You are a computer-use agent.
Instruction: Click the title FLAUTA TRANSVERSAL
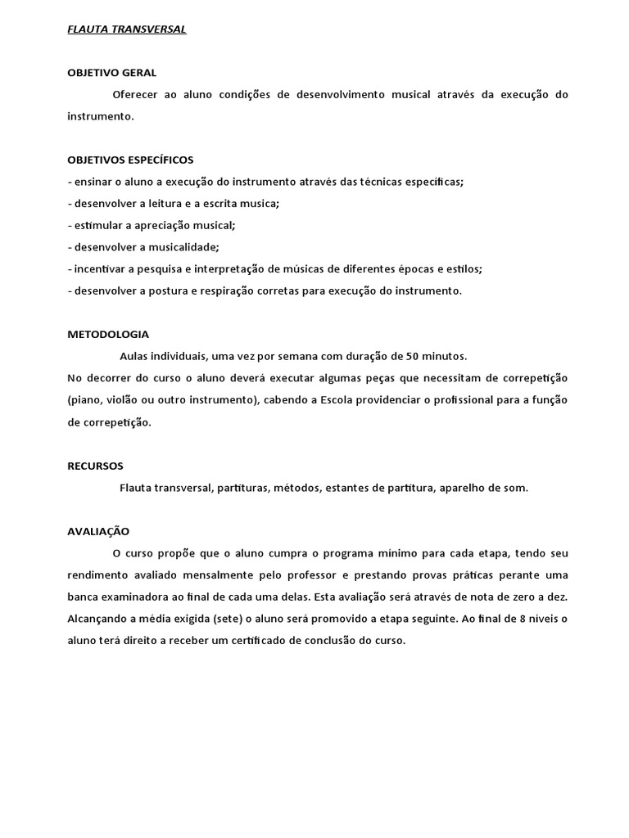click(x=126, y=29)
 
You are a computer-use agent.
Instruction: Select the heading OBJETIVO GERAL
click(x=111, y=73)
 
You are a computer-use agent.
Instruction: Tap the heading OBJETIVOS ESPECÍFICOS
click(x=130, y=160)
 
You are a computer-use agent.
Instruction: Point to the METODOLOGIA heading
click(x=108, y=334)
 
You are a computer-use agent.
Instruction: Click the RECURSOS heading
click(x=95, y=466)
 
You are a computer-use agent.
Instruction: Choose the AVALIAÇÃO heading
click(x=98, y=531)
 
